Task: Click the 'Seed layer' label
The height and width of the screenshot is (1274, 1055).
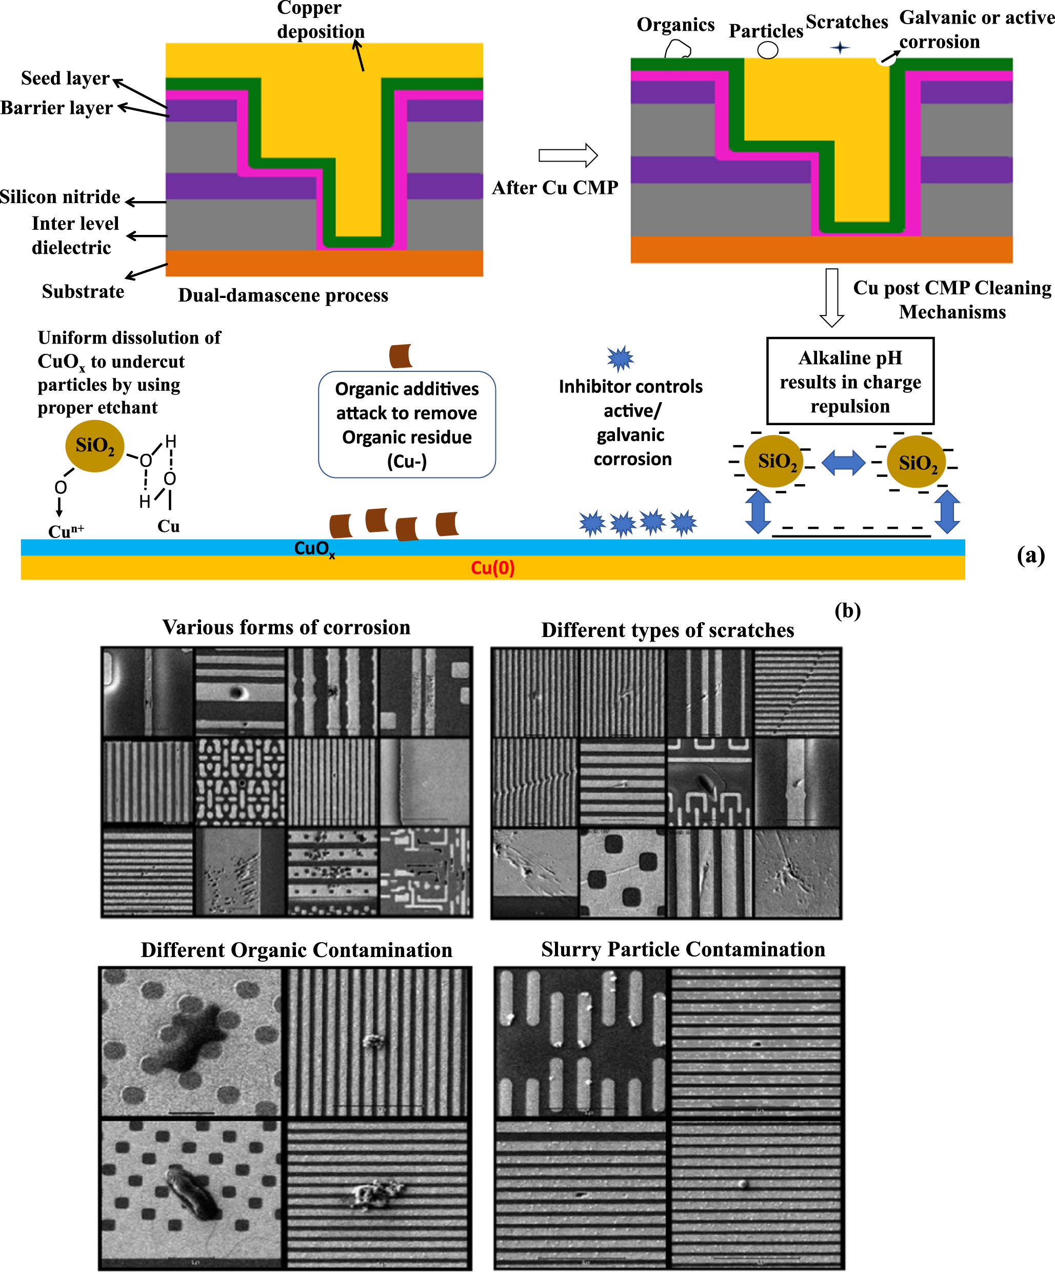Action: pos(65,78)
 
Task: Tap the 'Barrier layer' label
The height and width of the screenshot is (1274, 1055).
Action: pos(56,108)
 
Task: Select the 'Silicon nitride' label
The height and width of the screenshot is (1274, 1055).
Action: pos(60,197)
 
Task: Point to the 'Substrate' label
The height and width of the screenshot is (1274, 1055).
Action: pos(83,292)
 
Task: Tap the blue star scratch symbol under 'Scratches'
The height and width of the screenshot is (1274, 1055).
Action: pos(840,47)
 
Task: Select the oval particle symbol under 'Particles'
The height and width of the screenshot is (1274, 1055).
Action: pos(767,50)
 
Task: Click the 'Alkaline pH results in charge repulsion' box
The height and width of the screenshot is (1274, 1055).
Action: pos(850,381)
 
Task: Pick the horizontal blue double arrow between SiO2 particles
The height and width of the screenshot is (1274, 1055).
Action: pos(843,463)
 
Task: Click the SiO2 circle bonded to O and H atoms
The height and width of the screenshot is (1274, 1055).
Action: pos(95,446)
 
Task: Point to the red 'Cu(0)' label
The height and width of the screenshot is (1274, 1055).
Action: pos(492,568)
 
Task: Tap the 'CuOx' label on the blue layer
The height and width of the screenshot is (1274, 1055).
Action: pos(314,548)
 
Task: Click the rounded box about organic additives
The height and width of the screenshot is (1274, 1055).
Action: pos(407,425)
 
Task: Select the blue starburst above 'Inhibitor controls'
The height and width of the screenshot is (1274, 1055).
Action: pos(620,359)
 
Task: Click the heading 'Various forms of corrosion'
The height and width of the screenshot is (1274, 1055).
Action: pos(286,627)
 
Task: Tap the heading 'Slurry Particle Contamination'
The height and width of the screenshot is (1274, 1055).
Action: pos(683,949)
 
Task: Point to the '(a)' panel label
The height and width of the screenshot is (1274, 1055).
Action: pos(1030,555)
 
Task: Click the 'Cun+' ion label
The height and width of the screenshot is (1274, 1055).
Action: pos(66,531)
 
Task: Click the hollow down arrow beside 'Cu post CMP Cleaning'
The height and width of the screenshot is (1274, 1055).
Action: pos(832,297)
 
